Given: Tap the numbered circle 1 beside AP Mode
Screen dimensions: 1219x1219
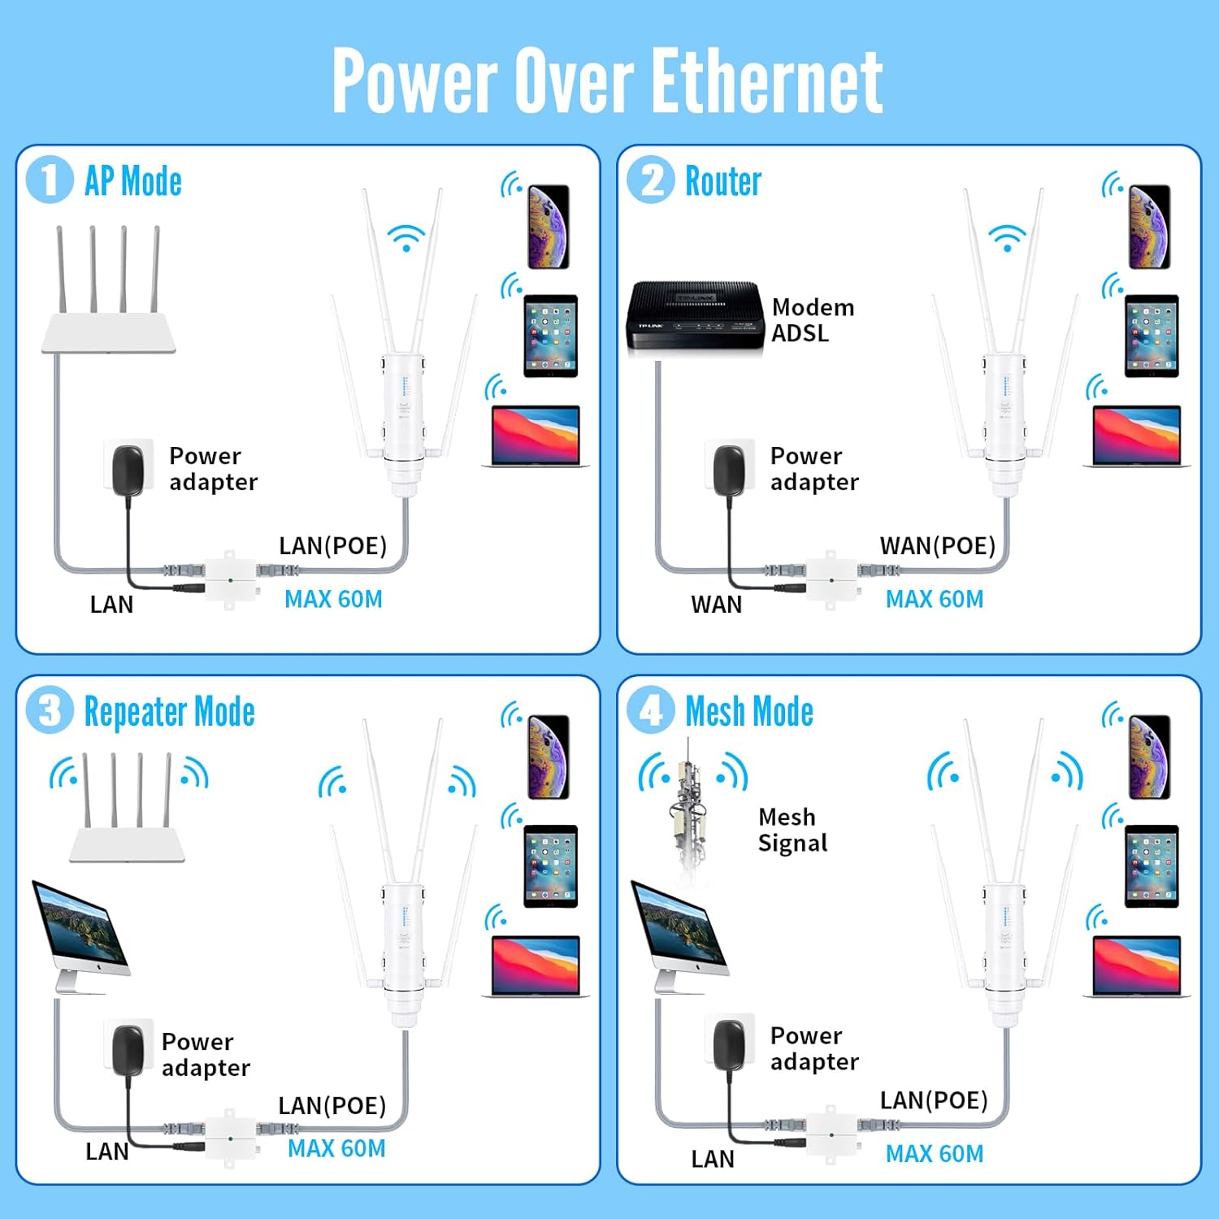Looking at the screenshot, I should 49,180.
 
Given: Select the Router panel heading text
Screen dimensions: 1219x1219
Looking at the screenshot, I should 722,181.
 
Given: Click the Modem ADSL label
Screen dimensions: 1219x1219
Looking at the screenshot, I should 812,320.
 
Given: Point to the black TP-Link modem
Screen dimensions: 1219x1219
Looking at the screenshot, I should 696,317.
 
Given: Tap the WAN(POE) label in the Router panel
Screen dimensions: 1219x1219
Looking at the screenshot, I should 937,545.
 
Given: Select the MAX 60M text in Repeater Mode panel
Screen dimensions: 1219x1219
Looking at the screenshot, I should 336,1148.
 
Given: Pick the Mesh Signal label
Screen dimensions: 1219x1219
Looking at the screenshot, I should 792,830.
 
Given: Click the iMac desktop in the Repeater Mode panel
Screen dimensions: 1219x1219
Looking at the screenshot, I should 81,935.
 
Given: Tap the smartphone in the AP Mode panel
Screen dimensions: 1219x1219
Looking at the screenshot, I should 549,227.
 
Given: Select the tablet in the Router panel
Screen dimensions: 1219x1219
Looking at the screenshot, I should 1151,336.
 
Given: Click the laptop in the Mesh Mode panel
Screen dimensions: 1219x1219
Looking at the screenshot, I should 1136,967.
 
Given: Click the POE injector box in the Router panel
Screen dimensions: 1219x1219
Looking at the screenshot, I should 831,579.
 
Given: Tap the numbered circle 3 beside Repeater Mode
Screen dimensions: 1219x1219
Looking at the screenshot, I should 50,710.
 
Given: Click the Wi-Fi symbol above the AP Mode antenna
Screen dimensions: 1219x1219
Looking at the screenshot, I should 406,237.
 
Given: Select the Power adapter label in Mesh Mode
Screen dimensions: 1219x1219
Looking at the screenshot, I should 813,1048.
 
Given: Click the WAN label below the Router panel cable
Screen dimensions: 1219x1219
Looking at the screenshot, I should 716,605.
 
